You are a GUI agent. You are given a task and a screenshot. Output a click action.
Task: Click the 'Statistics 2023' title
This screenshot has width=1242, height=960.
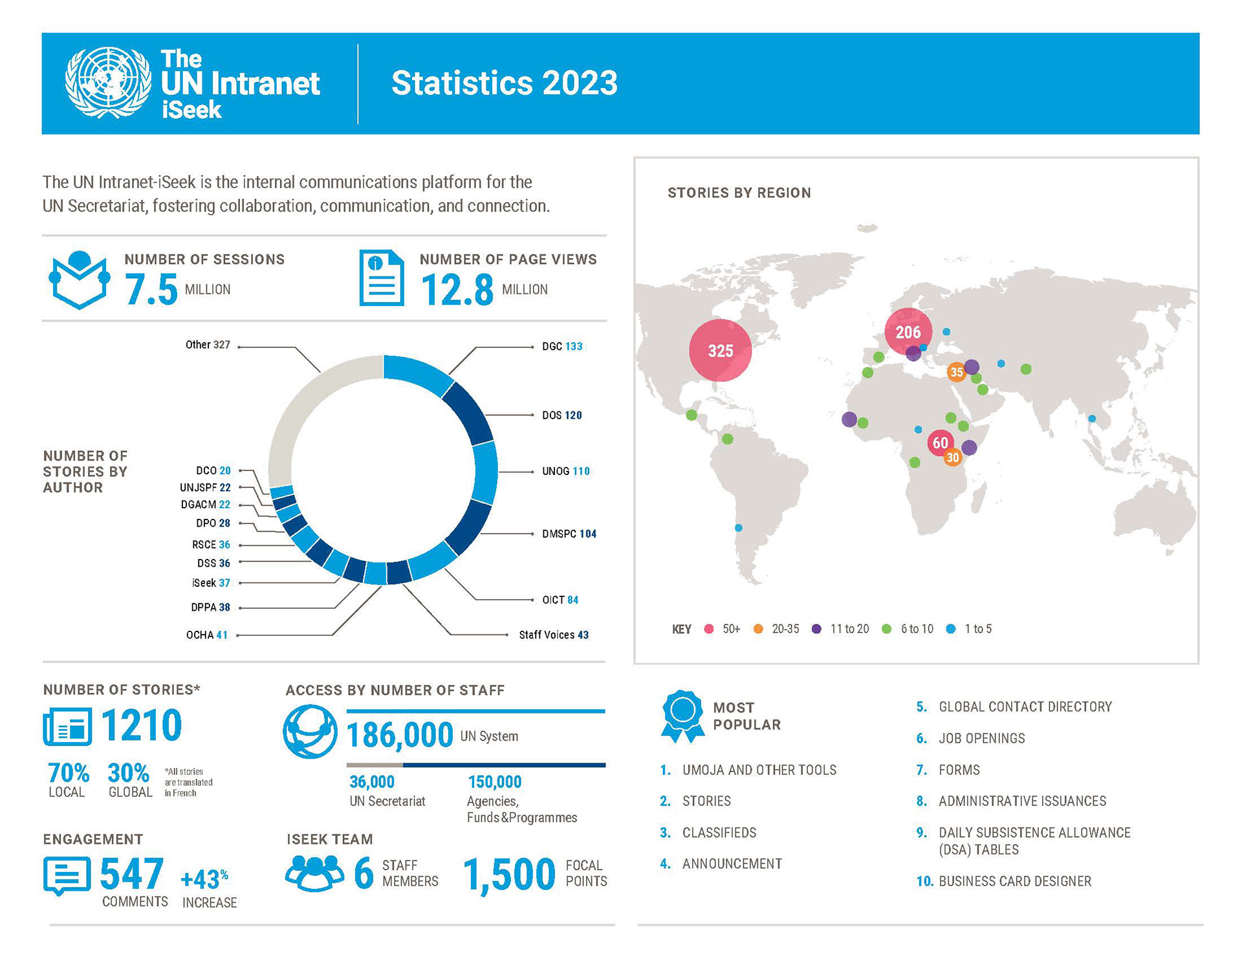504,83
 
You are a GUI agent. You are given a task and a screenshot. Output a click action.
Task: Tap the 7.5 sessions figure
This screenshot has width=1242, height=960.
151,289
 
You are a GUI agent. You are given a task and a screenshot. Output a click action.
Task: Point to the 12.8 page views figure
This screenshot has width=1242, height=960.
457,290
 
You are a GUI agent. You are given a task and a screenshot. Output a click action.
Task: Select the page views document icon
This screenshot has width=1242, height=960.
382,278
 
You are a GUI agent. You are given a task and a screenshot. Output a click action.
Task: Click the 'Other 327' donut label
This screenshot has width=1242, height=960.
208,345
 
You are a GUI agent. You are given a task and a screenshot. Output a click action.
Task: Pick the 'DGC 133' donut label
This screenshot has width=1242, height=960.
562,347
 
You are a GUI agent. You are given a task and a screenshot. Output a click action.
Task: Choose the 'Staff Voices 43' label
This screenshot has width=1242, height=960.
554,635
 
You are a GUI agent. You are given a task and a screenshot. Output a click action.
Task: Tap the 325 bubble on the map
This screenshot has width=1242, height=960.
720,351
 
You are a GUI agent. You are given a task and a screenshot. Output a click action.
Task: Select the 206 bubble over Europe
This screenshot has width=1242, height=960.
908,332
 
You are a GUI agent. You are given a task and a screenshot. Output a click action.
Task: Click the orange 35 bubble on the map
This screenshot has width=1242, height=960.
956,372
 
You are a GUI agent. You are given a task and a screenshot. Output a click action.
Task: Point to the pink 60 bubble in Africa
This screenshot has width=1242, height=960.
940,442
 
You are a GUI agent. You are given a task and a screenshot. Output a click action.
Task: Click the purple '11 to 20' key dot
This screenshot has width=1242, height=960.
817,629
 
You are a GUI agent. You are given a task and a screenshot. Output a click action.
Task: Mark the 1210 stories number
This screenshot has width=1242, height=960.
142,725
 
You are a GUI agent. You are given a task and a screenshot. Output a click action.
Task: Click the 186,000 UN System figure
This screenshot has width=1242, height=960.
400,736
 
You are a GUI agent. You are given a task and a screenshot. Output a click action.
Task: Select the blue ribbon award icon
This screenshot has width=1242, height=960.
682,715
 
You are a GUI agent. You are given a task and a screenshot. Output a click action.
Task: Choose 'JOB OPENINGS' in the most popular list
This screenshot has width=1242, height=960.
981,739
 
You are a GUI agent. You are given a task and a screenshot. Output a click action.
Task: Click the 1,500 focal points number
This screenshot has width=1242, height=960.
509,875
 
